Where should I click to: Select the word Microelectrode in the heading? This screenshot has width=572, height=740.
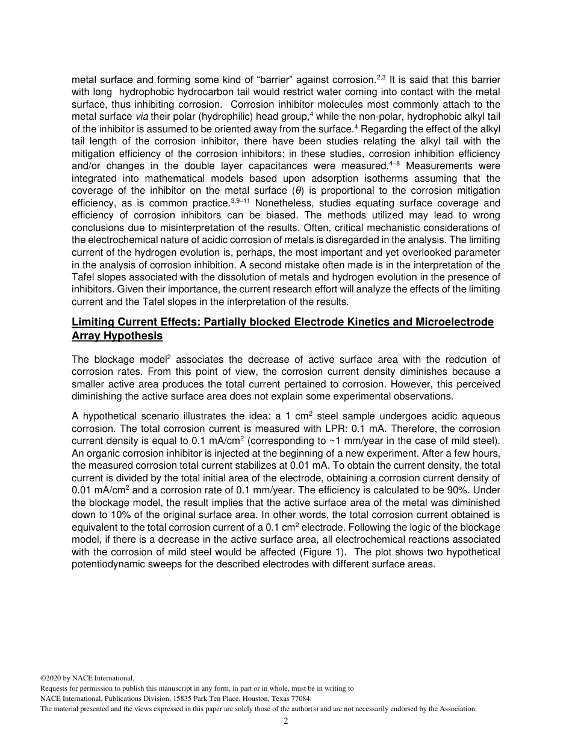[x=455, y=322]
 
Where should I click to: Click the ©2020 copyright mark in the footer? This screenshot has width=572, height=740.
[x=52, y=677]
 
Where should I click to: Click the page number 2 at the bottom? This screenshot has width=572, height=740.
[x=286, y=721]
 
